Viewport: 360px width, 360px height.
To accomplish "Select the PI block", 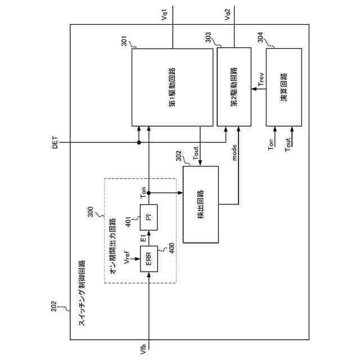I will click(x=149, y=218).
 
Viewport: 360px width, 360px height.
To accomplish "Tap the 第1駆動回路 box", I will click(x=172, y=87).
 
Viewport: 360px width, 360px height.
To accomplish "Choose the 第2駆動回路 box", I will click(x=233, y=87).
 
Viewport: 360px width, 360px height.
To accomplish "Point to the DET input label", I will click(x=55, y=143).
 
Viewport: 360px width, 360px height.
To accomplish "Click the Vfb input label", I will click(x=143, y=348).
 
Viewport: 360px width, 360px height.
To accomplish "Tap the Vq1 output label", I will click(x=164, y=15).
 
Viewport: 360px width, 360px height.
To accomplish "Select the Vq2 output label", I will click(x=227, y=15).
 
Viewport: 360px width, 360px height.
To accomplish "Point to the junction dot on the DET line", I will click(x=139, y=143).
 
